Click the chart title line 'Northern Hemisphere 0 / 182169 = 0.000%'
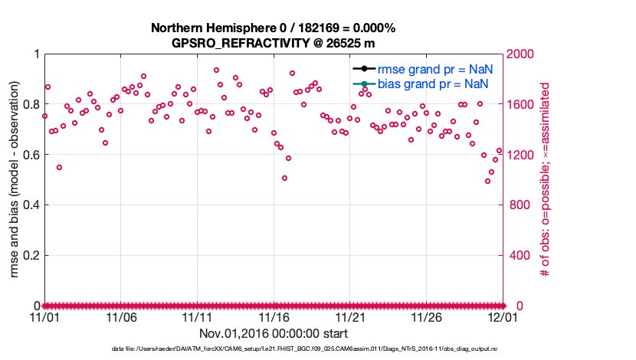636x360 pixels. (x=274, y=28)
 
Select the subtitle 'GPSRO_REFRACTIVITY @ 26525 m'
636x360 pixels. (x=274, y=43)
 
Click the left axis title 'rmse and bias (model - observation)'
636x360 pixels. (x=13, y=180)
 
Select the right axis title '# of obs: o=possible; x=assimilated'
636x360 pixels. (x=546, y=180)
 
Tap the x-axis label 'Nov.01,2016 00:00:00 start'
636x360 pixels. (x=274, y=333)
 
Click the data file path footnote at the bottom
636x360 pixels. (x=274, y=350)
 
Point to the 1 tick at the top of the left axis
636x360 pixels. (x=35, y=54)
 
